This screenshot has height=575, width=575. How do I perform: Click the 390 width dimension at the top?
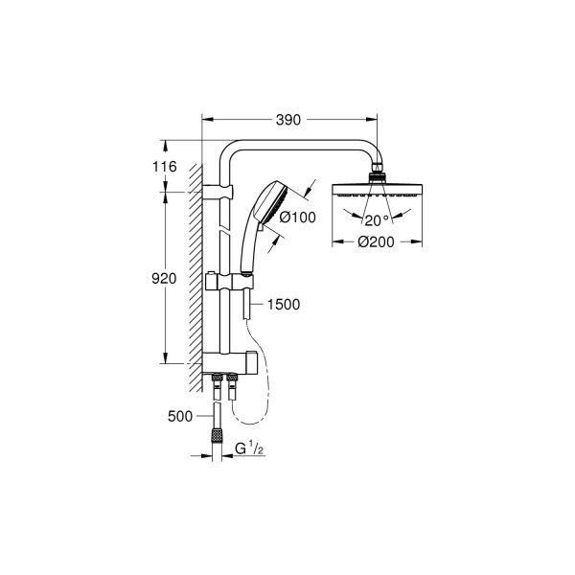coord(288,120)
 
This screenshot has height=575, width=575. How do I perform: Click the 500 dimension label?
coord(179,417)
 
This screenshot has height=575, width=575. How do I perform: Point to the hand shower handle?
coord(248,244)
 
